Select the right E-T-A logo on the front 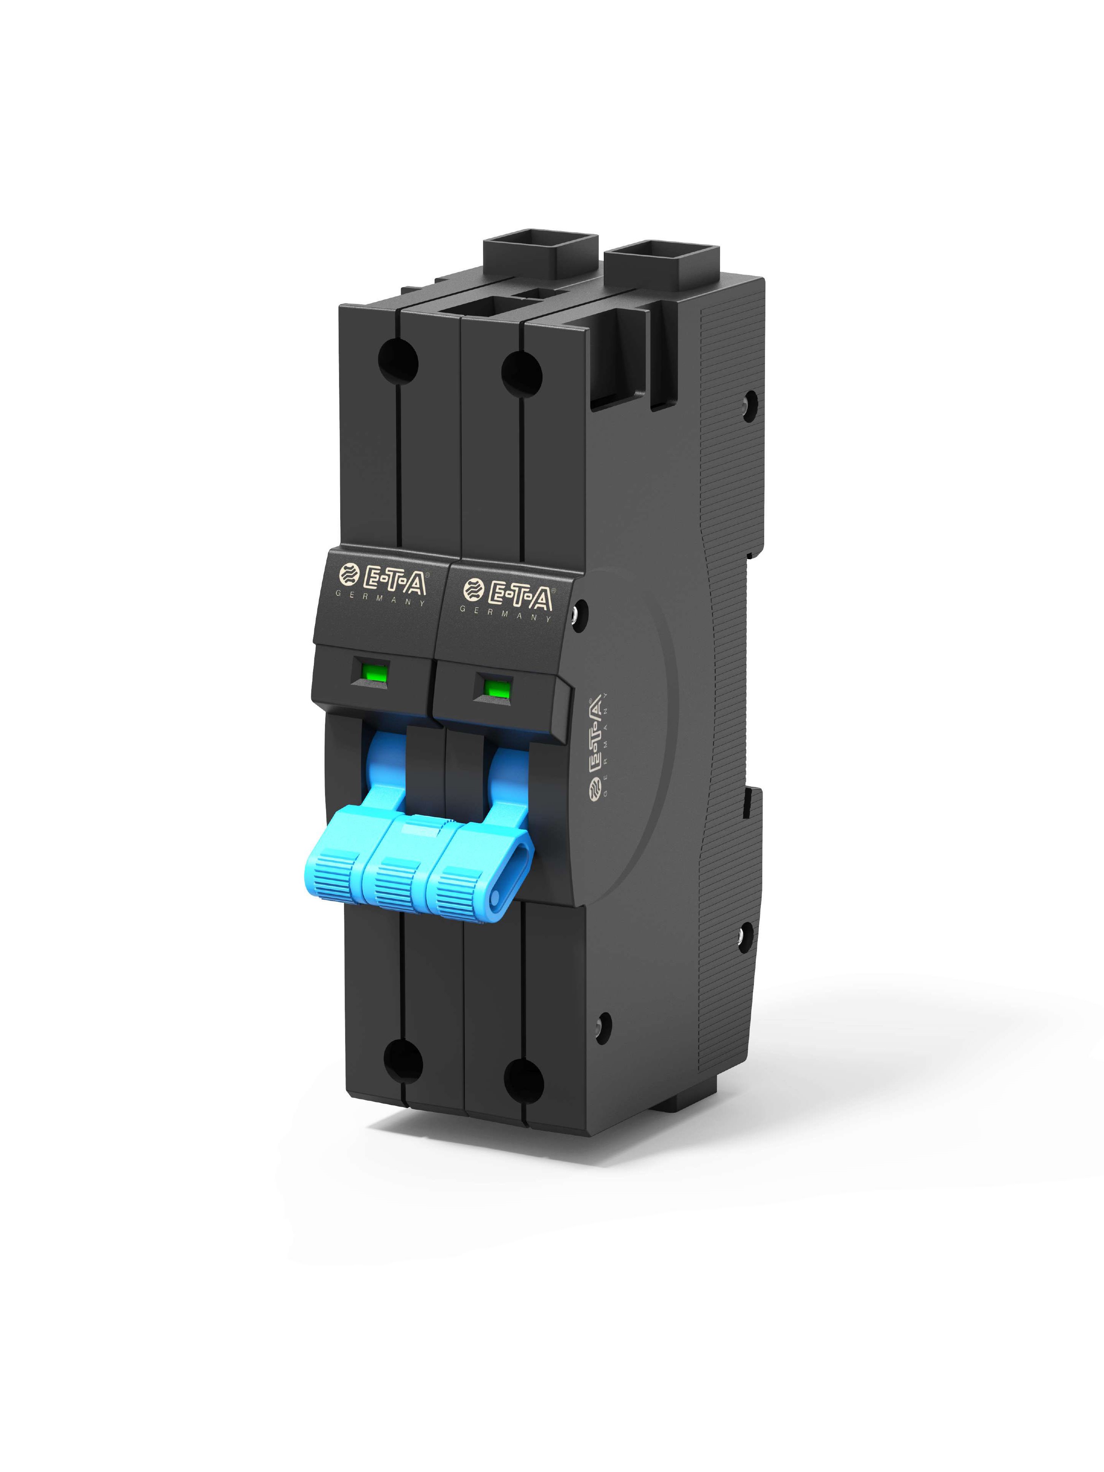coord(508,594)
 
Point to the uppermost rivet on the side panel coord(752,401)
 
